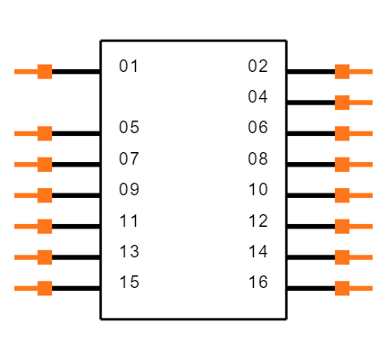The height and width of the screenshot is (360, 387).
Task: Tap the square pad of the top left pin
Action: [44, 71]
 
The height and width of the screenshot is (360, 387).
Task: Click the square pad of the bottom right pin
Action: [342, 288]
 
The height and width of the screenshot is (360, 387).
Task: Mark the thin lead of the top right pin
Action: [362, 71]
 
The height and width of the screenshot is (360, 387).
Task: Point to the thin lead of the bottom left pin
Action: [24, 288]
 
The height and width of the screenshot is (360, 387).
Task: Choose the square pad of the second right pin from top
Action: [342, 103]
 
